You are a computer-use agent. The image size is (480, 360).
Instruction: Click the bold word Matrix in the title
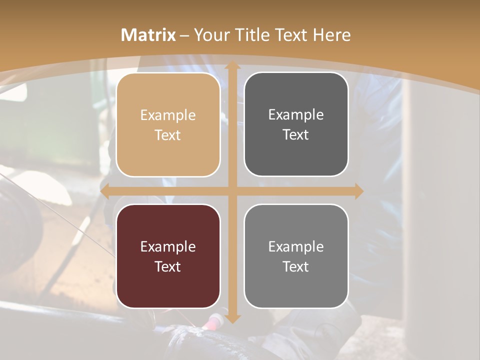coord(148,35)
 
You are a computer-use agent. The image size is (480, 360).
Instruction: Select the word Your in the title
coord(209,35)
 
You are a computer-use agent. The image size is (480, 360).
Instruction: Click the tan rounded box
coord(168,125)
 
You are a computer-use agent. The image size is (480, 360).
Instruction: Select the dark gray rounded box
coord(296,124)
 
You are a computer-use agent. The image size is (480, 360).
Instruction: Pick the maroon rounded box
coord(168,256)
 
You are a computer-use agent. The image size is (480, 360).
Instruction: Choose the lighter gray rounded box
coord(296,256)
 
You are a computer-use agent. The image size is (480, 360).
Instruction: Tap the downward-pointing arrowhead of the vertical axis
coord(232,318)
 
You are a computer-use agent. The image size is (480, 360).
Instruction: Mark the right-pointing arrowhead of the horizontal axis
coord(359,191)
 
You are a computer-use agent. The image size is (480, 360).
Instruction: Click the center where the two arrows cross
coord(232,191)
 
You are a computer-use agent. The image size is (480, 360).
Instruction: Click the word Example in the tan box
coord(168,115)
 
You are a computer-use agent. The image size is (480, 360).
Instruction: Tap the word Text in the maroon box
coord(168,266)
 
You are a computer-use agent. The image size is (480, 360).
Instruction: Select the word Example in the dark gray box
coord(296,114)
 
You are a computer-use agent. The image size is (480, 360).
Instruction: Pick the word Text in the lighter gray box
coord(296,266)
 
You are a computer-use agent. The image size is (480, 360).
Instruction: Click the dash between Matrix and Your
coord(184,35)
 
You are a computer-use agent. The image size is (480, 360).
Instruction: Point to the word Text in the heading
coord(289,35)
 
